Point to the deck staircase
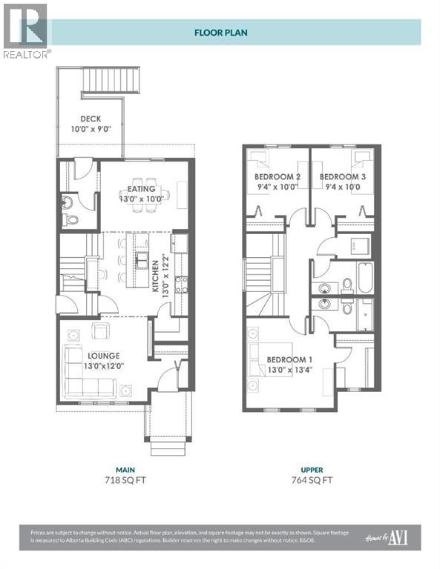tap(109, 78)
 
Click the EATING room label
tap(141, 189)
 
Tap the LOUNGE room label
tap(101, 356)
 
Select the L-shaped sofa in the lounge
tap(83, 370)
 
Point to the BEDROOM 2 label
tap(277, 177)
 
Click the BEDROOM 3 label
tap(342, 177)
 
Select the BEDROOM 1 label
tap(289, 360)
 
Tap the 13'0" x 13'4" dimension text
tap(290, 371)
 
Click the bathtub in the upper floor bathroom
tap(367, 279)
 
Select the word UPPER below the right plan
tap(312, 470)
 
